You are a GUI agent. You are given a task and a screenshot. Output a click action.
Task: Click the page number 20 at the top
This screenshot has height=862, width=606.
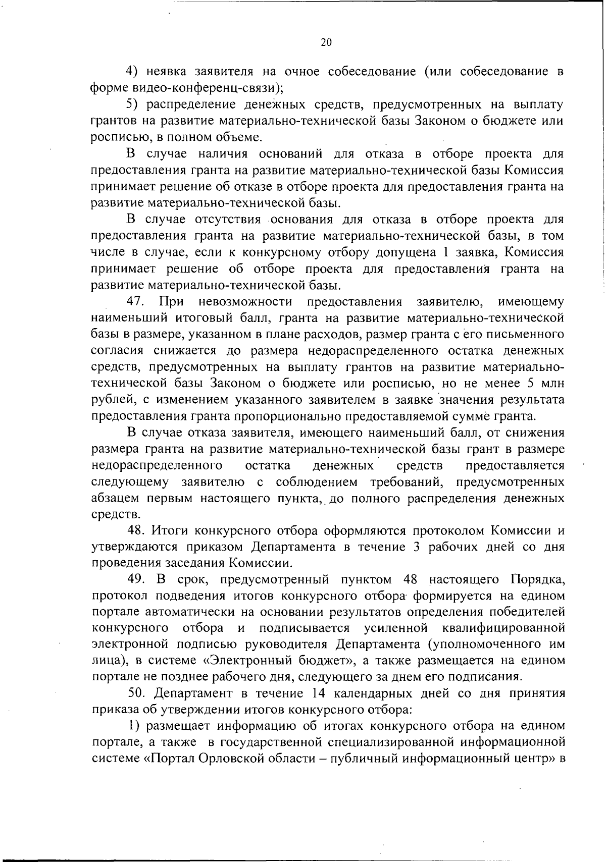coord(326,43)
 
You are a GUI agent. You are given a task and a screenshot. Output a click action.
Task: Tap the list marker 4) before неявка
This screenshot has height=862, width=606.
coord(132,72)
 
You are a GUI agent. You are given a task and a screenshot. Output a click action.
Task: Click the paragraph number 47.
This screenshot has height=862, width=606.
coord(136,302)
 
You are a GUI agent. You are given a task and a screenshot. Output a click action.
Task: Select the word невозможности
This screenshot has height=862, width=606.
coord(246,302)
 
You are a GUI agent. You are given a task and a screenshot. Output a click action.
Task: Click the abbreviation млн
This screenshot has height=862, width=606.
coord(551,384)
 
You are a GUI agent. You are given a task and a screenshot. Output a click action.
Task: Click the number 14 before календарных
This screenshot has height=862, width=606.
coord(321,693)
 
